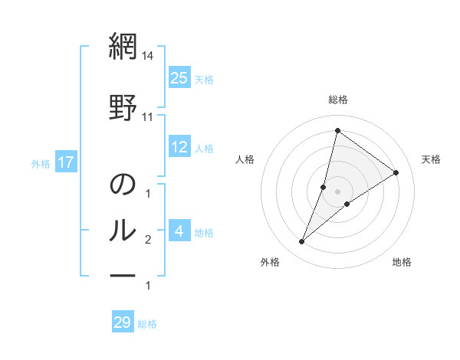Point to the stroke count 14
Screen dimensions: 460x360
pyautogui.click(x=148, y=57)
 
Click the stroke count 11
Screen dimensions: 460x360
pyautogui.click(x=148, y=116)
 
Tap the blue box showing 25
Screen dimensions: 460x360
pyautogui.click(x=179, y=77)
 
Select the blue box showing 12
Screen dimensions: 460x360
pyautogui.click(x=179, y=147)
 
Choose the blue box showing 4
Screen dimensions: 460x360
pyautogui.click(x=179, y=231)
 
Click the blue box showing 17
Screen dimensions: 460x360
pyautogui.click(x=65, y=162)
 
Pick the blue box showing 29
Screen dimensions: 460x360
pyautogui.click(x=122, y=322)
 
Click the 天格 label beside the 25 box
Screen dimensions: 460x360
pyautogui.click(x=204, y=79)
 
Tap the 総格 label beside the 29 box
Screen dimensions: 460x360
pyautogui.click(x=147, y=324)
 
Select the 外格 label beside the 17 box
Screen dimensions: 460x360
pyautogui.click(x=41, y=163)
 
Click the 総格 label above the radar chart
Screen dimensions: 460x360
pyautogui.click(x=337, y=100)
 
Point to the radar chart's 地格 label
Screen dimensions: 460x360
pyautogui.click(x=402, y=262)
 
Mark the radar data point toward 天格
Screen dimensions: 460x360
pyautogui.click(x=396, y=172)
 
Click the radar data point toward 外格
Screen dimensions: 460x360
pyautogui.click(x=301, y=242)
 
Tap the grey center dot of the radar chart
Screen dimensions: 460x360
pyautogui.click(x=337, y=191)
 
